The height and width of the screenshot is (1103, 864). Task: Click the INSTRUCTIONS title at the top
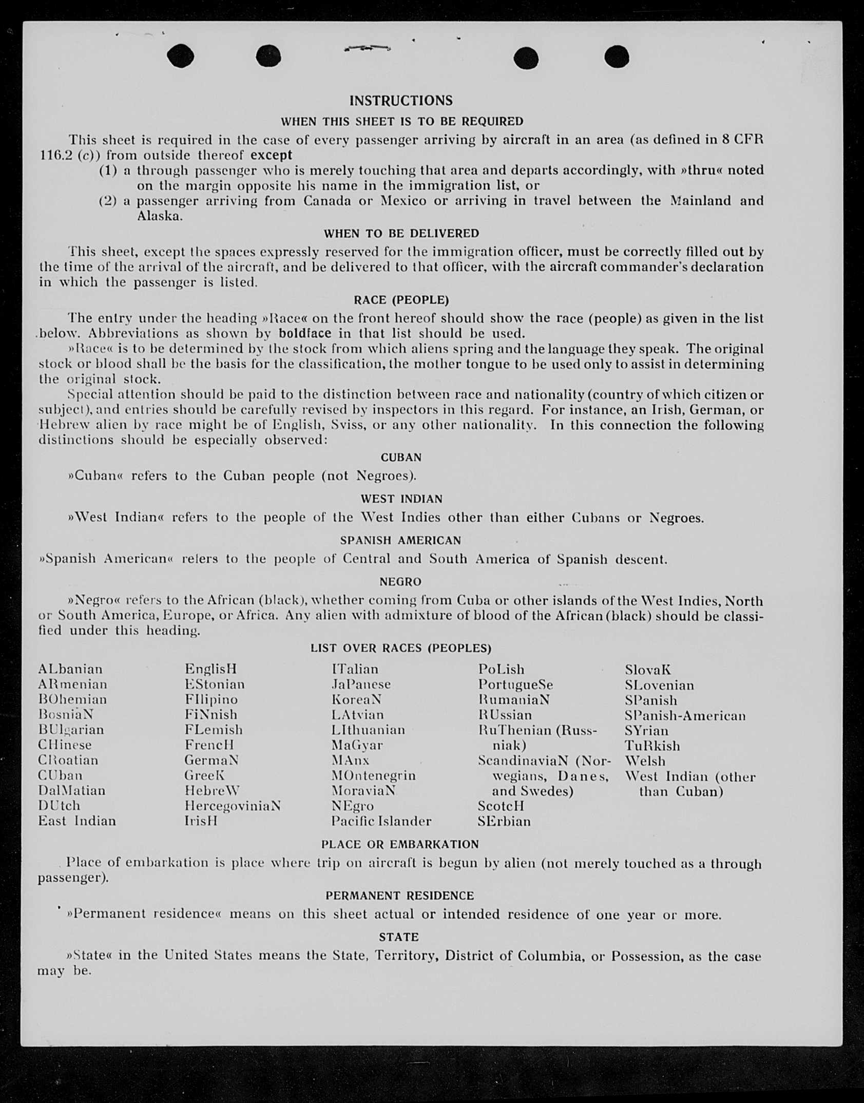401,101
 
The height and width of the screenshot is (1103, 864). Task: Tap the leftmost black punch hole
180,55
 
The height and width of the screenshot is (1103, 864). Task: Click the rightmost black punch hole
617,56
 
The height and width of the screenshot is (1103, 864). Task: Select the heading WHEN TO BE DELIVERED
401,234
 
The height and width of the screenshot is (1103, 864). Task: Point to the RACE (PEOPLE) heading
401,300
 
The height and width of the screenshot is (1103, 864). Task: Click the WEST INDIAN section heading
401,499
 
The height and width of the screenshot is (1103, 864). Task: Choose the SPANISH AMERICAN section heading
400,540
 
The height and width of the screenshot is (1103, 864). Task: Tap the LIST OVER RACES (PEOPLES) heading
400,648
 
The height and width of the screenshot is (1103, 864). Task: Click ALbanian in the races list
70,669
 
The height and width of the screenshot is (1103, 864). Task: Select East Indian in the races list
77,821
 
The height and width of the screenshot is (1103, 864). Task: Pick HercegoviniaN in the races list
233,806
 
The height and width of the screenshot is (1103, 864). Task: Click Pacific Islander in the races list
381,821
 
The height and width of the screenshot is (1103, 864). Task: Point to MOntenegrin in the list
373,775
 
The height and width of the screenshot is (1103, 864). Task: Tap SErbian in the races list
504,821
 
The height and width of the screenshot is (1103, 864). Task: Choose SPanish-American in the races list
685,715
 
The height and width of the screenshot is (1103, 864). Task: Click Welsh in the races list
645,760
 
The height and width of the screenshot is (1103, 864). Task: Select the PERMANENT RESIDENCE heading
399,896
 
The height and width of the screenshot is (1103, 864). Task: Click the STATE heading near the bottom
399,937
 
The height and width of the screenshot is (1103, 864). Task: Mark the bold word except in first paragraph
271,155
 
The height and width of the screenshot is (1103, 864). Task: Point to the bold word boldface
305,333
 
